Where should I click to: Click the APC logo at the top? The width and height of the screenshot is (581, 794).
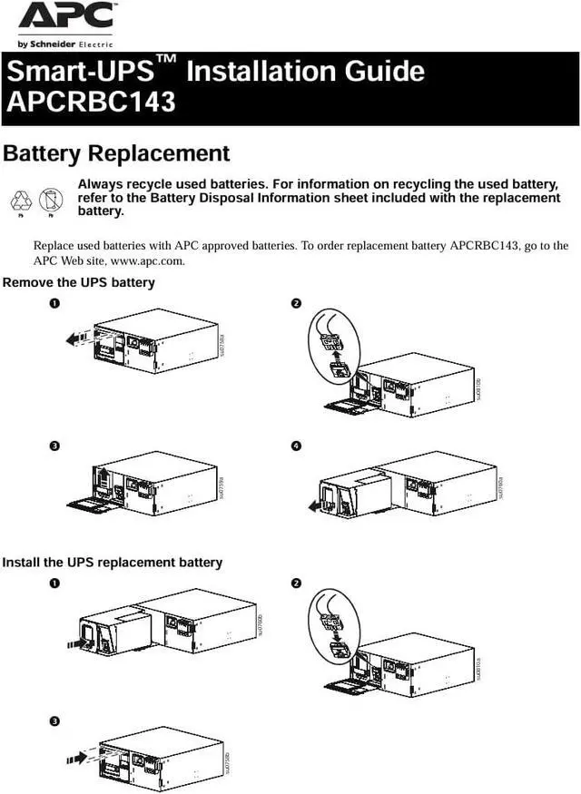click(66, 17)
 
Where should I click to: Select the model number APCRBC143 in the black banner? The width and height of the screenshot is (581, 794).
click(91, 102)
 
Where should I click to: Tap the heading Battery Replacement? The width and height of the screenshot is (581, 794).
click(116, 153)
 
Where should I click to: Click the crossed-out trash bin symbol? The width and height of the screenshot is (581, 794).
click(51, 199)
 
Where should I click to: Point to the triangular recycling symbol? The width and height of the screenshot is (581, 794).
click(21, 200)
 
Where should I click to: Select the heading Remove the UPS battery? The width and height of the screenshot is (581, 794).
click(79, 282)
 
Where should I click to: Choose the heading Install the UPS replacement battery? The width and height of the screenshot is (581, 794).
click(112, 563)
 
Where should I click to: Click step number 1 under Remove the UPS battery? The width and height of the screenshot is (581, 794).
click(55, 303)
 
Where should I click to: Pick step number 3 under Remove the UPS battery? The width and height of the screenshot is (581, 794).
click(55, 446)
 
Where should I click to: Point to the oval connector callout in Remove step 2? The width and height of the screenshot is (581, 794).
click(334, 346)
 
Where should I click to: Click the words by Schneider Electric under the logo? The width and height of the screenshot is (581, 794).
click(63, 44)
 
